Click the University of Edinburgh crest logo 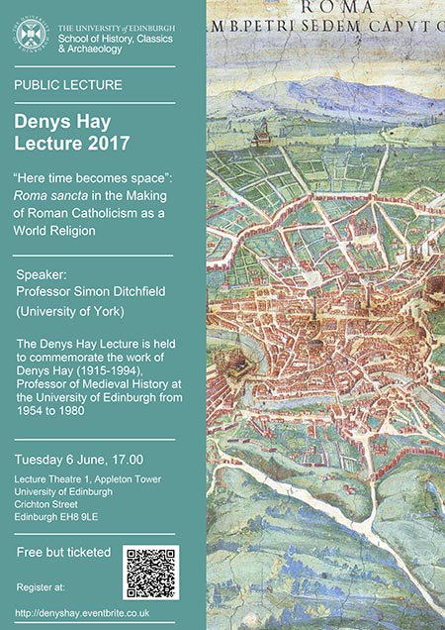click(31, 33)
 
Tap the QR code click(150, 572)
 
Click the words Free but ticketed click(64, 552)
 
